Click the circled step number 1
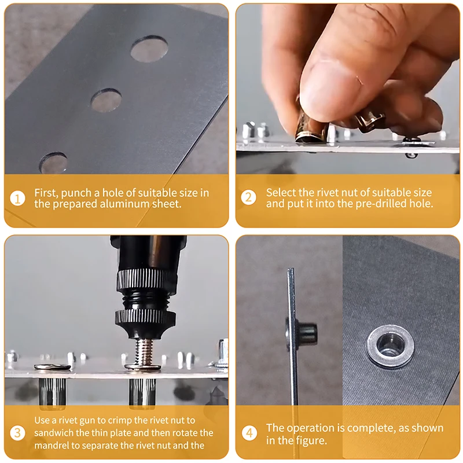click(17, 199)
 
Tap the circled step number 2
click(249, 197)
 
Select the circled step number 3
click(17, 433)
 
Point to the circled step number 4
click(249, 433)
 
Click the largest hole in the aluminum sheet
click(149, 49)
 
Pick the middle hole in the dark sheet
click(106, 100)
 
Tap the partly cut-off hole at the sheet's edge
click(53, 163)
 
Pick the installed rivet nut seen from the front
click(389, 346)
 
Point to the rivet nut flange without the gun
click(52, 367)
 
